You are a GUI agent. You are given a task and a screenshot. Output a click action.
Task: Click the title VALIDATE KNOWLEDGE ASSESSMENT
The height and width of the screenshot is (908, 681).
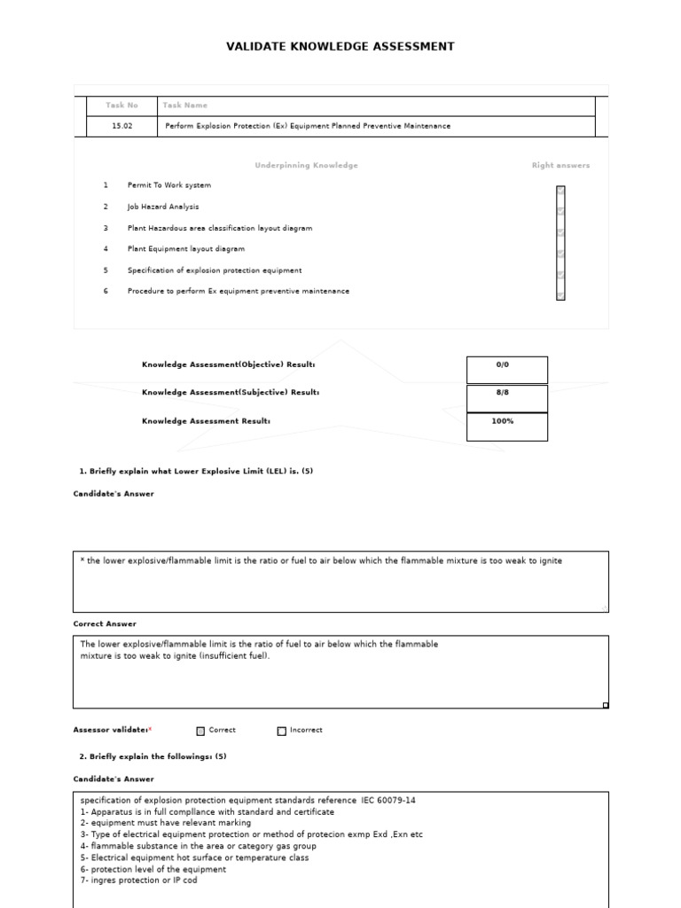(x=340, y=46)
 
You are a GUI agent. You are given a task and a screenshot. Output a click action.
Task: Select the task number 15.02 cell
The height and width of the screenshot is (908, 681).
(x=121, y=126)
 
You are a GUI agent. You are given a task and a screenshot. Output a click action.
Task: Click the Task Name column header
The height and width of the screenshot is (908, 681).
(x=184, y=106)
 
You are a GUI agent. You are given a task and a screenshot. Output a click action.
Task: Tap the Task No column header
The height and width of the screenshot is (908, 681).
(x=121, y=106)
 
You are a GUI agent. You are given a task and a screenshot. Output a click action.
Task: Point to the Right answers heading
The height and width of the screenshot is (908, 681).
(x=560, y=165)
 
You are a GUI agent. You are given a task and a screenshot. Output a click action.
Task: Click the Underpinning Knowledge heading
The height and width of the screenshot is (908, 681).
(x=306, y=165)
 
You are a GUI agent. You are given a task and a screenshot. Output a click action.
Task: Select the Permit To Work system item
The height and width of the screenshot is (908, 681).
(x=169, y=185)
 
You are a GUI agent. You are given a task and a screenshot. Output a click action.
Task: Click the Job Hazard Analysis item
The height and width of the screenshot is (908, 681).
(x=163, y=207)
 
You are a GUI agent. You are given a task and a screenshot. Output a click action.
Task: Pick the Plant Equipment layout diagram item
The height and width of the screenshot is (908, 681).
(x=186, y=249)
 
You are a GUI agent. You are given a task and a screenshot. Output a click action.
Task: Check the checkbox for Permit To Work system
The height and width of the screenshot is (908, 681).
(x=560, y=191)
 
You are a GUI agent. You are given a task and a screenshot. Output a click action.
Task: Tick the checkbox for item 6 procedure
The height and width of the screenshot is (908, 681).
(x=560, y=294)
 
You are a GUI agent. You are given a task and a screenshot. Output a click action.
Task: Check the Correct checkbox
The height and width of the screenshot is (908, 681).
(x=201, y=732)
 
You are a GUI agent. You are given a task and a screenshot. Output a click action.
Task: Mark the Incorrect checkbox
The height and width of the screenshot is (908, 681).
(x=282, y=732)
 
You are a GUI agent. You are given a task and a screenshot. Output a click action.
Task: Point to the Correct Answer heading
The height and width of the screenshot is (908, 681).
(x=105, y=624)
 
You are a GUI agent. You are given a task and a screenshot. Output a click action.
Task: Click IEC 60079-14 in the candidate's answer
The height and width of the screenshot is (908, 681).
(x=389, y=800)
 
